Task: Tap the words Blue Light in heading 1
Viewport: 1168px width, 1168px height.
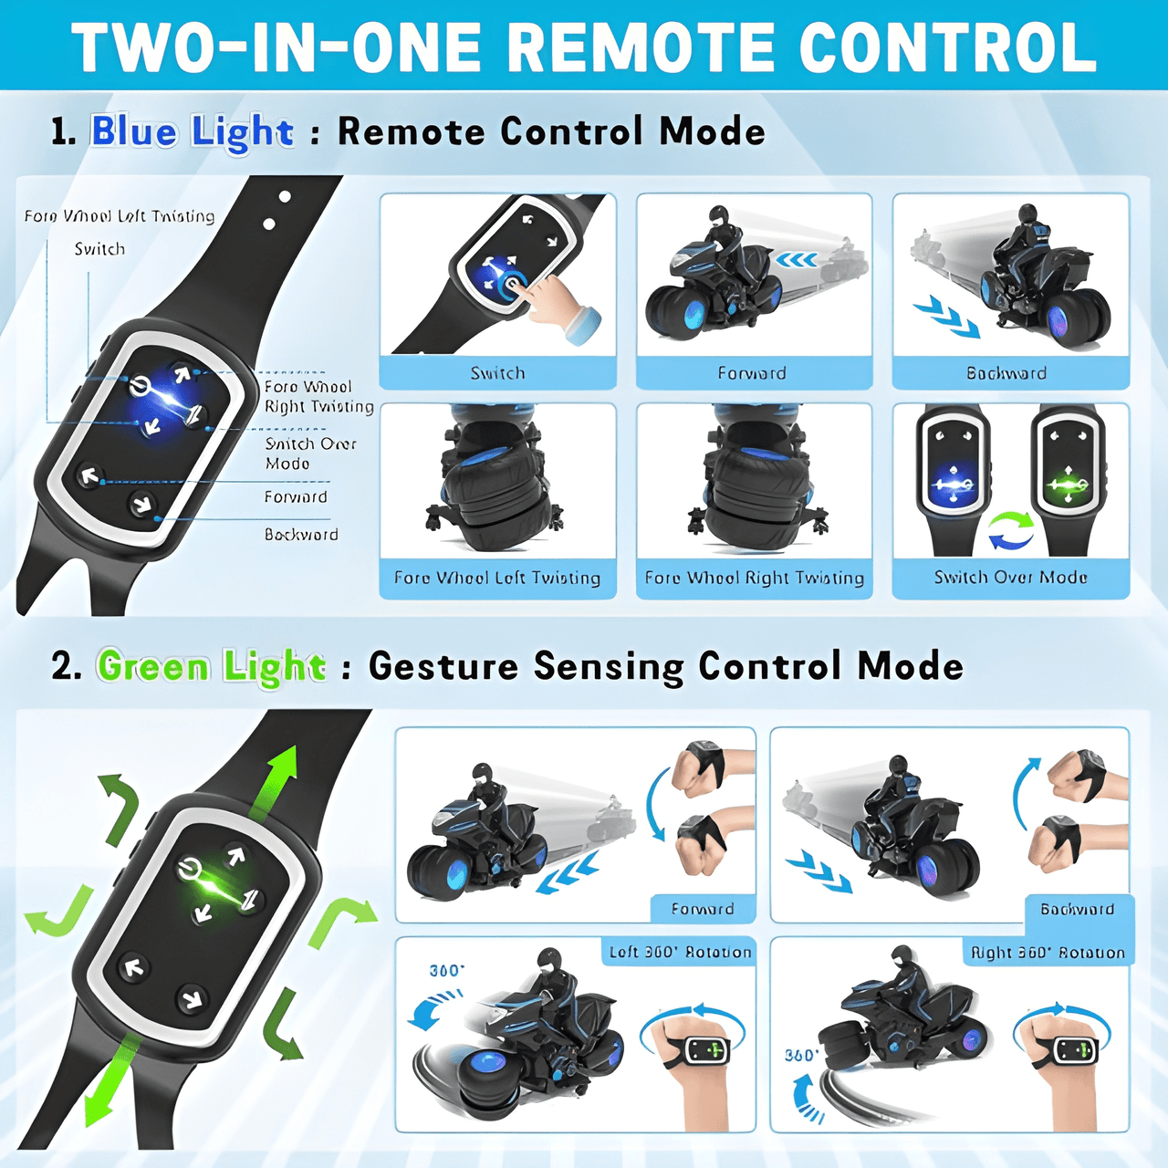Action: coord(192,132)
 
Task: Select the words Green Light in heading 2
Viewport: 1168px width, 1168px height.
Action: coord(211,667)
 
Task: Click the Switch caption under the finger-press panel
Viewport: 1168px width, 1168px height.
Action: coord(497,373)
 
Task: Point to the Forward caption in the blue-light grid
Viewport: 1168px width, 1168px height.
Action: coord(752,373)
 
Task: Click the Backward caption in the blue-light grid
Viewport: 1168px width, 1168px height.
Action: coord(1006,373)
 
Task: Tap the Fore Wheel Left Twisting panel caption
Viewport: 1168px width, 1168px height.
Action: coord(497,578)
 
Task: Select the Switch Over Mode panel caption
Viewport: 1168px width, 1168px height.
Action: coord(1010,578)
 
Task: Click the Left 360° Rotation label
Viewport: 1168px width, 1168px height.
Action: coord(680,952)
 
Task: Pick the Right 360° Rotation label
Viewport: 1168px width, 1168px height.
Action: coord(1048,953)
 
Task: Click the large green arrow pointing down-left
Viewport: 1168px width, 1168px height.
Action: coord(109,1086)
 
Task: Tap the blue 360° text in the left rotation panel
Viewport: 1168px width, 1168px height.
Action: coord(446,971)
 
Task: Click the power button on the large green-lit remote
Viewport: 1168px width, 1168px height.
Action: coord(189,869)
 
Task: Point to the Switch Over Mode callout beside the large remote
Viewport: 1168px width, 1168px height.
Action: coord(310,454)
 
